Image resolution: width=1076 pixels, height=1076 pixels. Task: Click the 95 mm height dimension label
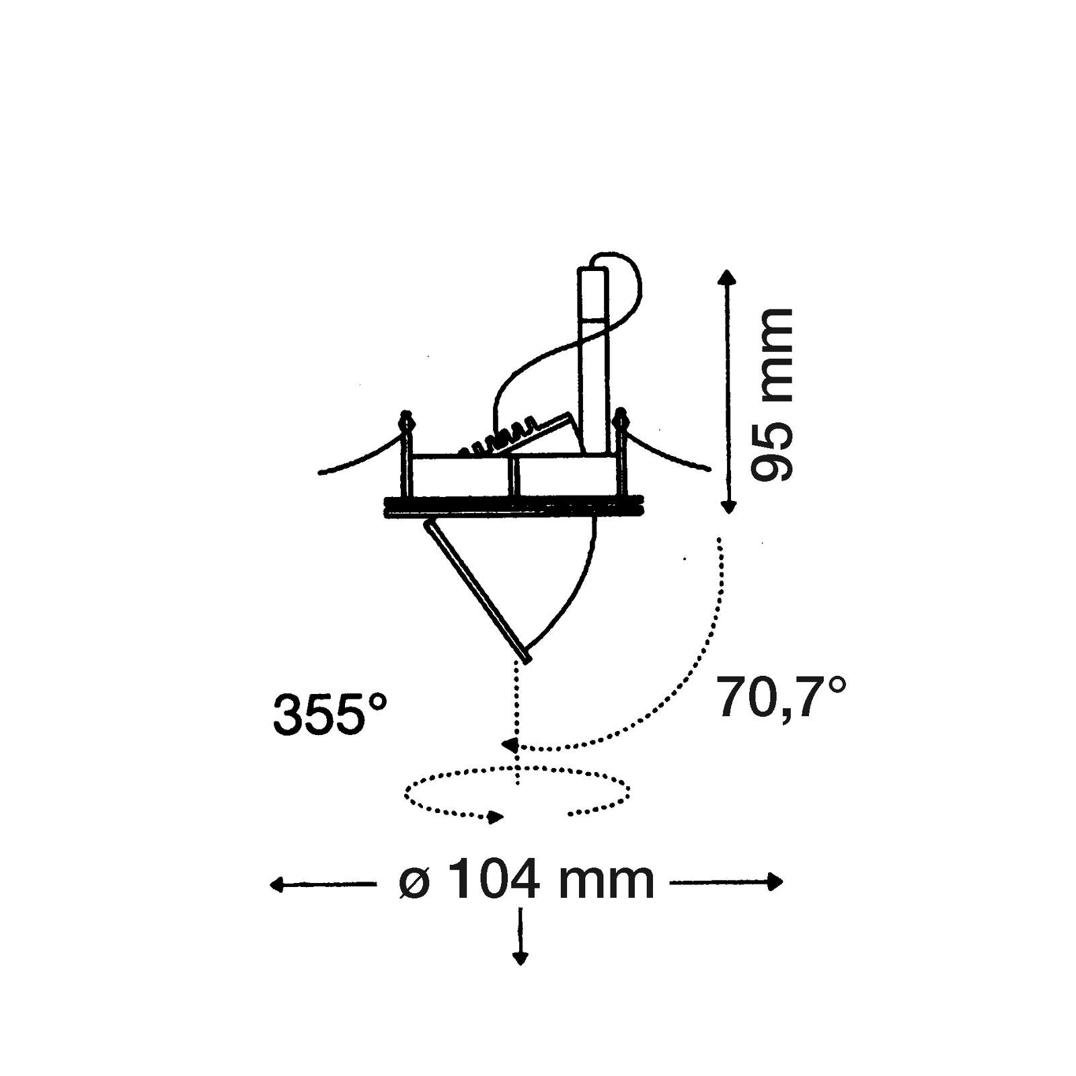click(x=771, y=395)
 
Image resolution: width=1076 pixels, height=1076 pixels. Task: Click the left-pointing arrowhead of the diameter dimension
click(x=278, y=884)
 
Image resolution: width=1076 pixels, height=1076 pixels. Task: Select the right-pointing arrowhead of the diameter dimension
click(x=775, y=882)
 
